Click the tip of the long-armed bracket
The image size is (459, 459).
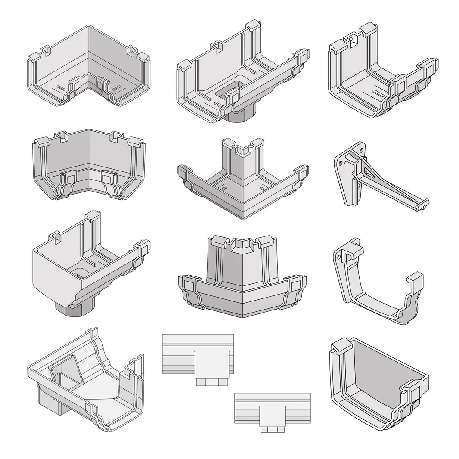coord(425,203)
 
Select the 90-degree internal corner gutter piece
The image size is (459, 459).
coord(88,68)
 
